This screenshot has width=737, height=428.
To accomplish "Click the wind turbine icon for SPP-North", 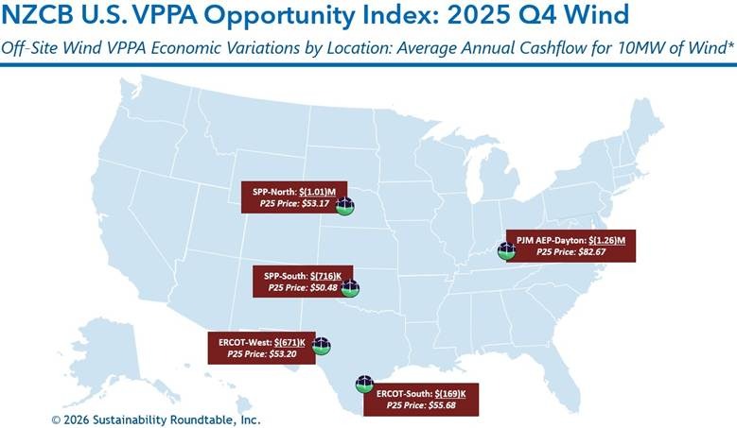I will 345,205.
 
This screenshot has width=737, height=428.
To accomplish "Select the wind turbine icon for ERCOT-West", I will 322,345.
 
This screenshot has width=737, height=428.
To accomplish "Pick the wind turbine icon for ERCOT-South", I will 364,385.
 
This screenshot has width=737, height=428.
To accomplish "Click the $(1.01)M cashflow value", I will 323,189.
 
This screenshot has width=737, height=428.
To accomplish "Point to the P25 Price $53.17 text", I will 297,202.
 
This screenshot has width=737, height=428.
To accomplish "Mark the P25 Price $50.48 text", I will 303,287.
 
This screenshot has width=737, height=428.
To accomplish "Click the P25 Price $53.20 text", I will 262,353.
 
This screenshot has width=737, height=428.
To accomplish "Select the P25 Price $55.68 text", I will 422,404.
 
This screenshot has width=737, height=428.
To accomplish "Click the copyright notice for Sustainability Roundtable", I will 156,419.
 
